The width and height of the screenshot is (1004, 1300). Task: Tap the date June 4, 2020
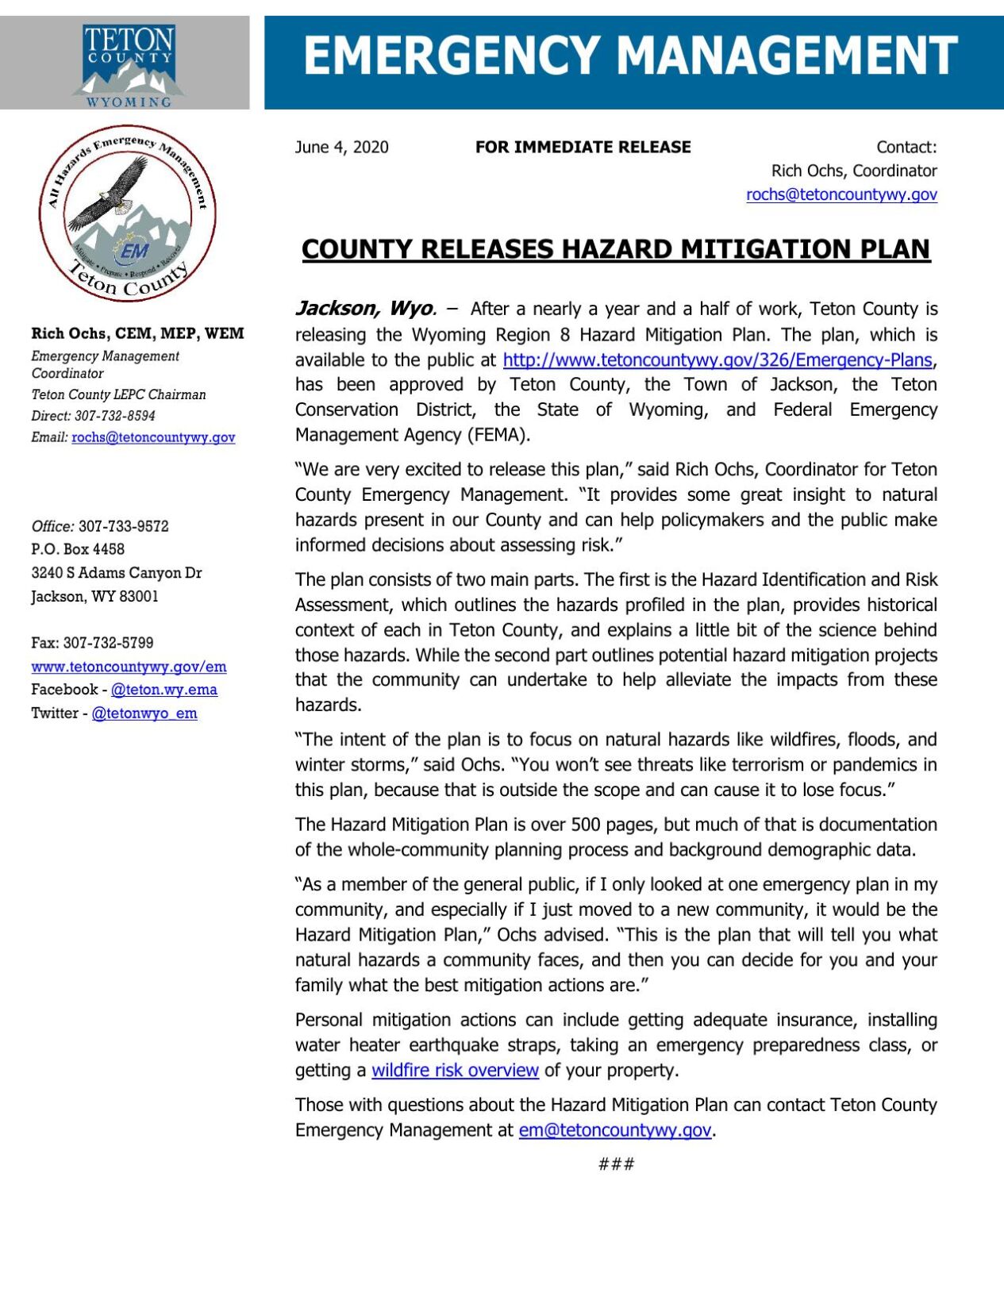point(341,147)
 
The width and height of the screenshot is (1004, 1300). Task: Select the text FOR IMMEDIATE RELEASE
point(583,147)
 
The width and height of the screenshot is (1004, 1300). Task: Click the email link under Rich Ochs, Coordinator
point(841,194)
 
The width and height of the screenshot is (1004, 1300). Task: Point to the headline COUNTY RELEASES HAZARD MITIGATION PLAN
point(615,249)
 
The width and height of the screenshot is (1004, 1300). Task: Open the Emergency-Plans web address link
point(717,360)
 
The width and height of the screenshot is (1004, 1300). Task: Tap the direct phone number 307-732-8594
point(115,416)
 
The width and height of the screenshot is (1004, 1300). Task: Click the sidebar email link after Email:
point(153,437)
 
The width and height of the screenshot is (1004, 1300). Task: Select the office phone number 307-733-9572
point(123,526)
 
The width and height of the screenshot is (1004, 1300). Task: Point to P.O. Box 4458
point(78,549)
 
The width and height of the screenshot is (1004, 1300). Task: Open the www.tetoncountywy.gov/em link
point(129,667)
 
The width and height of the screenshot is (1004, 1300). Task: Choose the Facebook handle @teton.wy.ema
point(163,690)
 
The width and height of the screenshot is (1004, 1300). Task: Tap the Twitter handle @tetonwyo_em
point(144,713)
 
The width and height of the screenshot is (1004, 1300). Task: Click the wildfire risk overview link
point(455,1070)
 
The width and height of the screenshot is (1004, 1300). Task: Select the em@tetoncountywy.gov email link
point(614,1130)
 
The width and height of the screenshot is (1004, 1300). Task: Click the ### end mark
point(616,1164)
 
